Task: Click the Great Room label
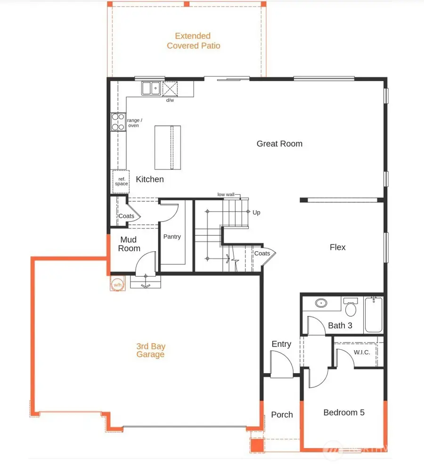click(279, 144)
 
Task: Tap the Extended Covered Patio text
click(193, 41)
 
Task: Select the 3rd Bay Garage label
click(151, 350)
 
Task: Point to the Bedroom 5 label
click(344, 412)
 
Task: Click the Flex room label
click(338, 247)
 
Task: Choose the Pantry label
click(172, 237)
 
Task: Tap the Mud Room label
click(129, 244)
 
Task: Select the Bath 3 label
click(340, 326)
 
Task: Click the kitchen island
click(168, 147)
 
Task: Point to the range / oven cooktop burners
click(118, 122)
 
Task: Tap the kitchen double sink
click(151, 88)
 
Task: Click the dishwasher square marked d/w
click(169, 89)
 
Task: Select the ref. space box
click(121, 181)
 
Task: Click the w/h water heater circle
click(117, 284)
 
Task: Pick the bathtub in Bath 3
click(374, 314)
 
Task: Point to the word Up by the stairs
click(256, 213)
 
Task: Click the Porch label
click(282, 415)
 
